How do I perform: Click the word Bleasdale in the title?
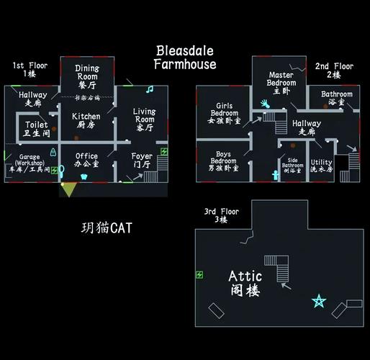185,52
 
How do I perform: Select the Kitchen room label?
86,120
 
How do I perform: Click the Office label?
86,161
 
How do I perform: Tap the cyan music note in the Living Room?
150,89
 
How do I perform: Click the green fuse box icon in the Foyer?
163,152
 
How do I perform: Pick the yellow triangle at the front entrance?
68,189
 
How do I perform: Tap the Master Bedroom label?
281,83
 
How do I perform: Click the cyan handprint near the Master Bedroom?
264,104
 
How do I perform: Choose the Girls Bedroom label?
225,114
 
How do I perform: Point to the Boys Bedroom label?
224,161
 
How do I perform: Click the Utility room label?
321,166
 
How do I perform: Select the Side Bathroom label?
292,166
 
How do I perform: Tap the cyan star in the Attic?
318,301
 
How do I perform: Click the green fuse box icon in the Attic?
199,274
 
